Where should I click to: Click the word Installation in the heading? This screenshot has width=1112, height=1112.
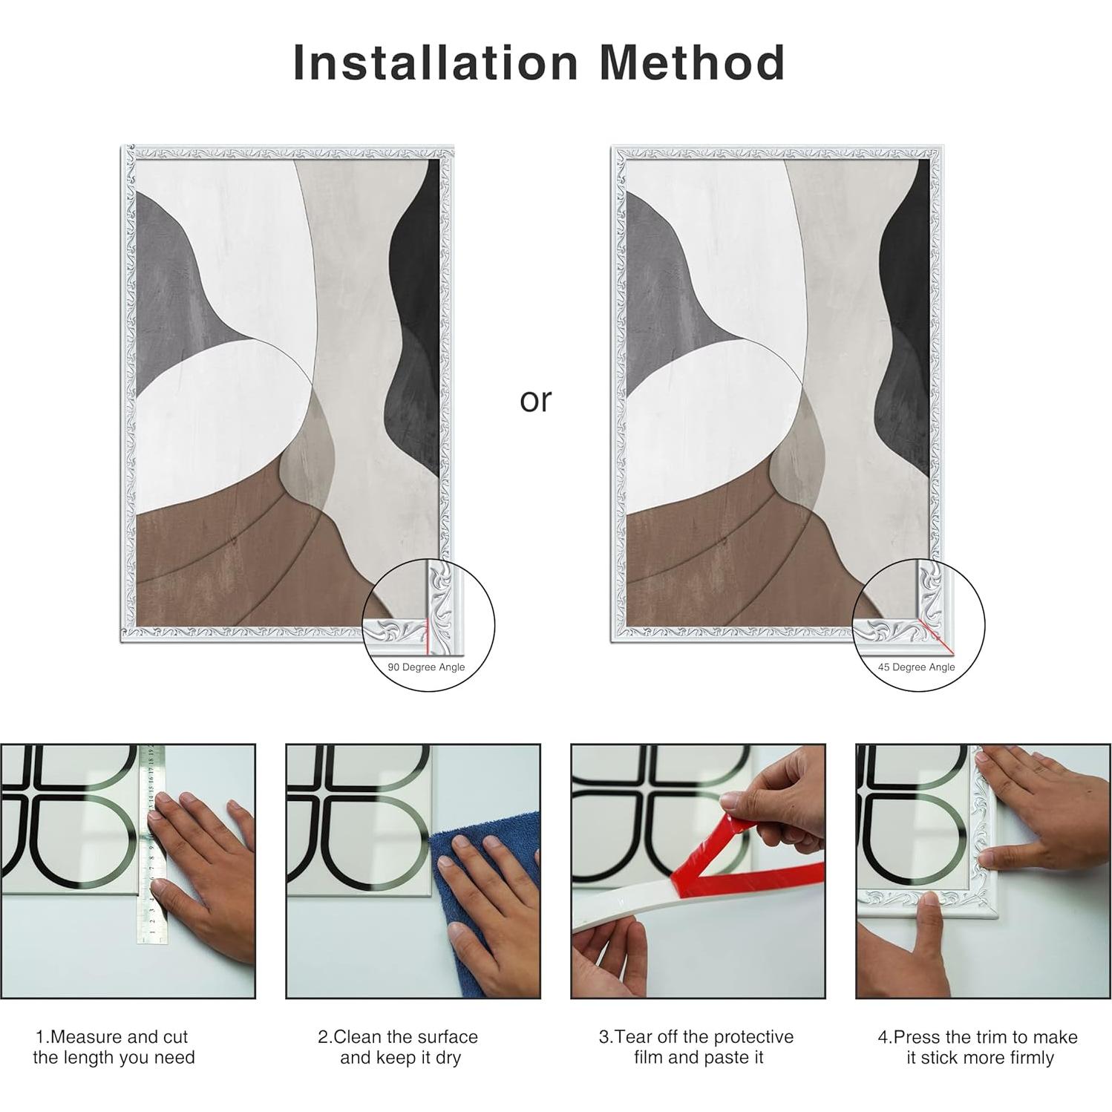[436, 62]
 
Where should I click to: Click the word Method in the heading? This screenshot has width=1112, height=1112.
[692, 62]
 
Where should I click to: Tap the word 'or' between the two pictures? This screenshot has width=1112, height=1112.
[535, 401]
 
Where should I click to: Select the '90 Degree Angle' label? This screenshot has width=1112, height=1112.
[426, 667]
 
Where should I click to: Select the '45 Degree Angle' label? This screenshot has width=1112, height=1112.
[917, 667]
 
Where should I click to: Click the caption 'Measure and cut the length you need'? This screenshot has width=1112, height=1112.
[114, 1047]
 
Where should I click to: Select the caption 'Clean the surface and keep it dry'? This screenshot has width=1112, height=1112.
[398, 1047]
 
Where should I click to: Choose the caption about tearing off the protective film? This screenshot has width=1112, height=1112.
[697, 1047]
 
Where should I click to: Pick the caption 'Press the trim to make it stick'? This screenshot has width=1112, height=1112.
[978, 1047]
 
